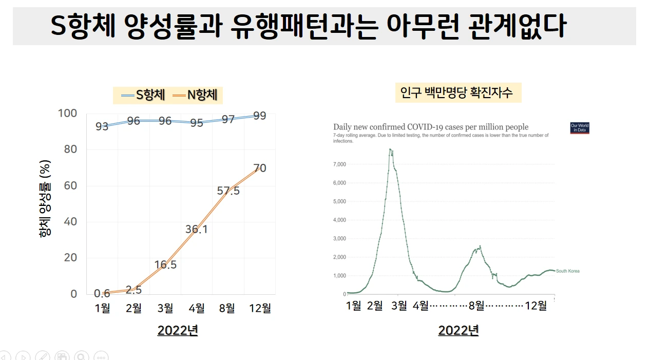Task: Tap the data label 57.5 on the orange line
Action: tap(228, 191)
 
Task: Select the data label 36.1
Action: tap(197, 230)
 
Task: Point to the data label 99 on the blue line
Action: tap(260, 116)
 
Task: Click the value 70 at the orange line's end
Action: tap(260, 168)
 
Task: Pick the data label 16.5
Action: tap(165, 265)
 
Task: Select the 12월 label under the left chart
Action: tap(259, 308)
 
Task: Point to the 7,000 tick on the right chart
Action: tap(340, 164)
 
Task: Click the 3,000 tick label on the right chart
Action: tap(340, 238)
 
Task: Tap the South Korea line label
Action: tap(567, 271)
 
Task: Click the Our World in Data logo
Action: tap(580, 128)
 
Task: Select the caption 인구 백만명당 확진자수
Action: tap(457, 93)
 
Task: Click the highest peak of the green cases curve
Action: tap(390, 149)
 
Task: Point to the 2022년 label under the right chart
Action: tap(458, 330)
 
